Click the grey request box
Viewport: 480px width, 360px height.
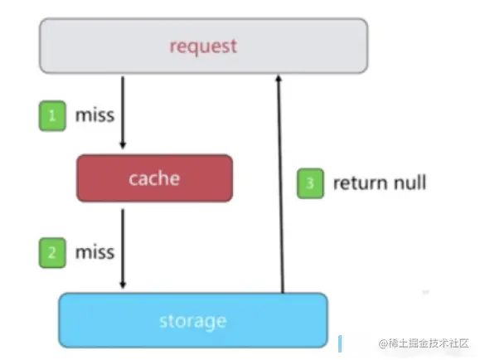point(204,46)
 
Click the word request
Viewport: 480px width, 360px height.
point(204,47)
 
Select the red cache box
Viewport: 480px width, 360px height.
point(154,178)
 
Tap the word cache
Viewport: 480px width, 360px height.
point(154,178)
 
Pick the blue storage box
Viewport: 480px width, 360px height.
point(193,320)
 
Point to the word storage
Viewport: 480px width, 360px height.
point(193,322)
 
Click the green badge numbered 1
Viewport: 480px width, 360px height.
point(52,116)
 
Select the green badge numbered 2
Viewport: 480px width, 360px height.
point(52,253)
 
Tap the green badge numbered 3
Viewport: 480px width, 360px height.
point(310,183)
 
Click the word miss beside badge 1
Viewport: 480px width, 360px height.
point(95,115)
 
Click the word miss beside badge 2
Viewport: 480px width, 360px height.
point(95,252)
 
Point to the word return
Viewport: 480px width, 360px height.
point(361,183)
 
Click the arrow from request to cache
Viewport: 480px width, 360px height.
point(123,113)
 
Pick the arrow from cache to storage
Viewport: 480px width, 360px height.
point(123,249)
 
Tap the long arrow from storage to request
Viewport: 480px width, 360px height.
point(281,184)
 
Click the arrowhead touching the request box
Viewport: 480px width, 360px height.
point(279,78)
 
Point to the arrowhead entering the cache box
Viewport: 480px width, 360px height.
point(123,145)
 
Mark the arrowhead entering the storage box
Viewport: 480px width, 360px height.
point(123,285)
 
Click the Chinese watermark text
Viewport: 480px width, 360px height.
point(424,343)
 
